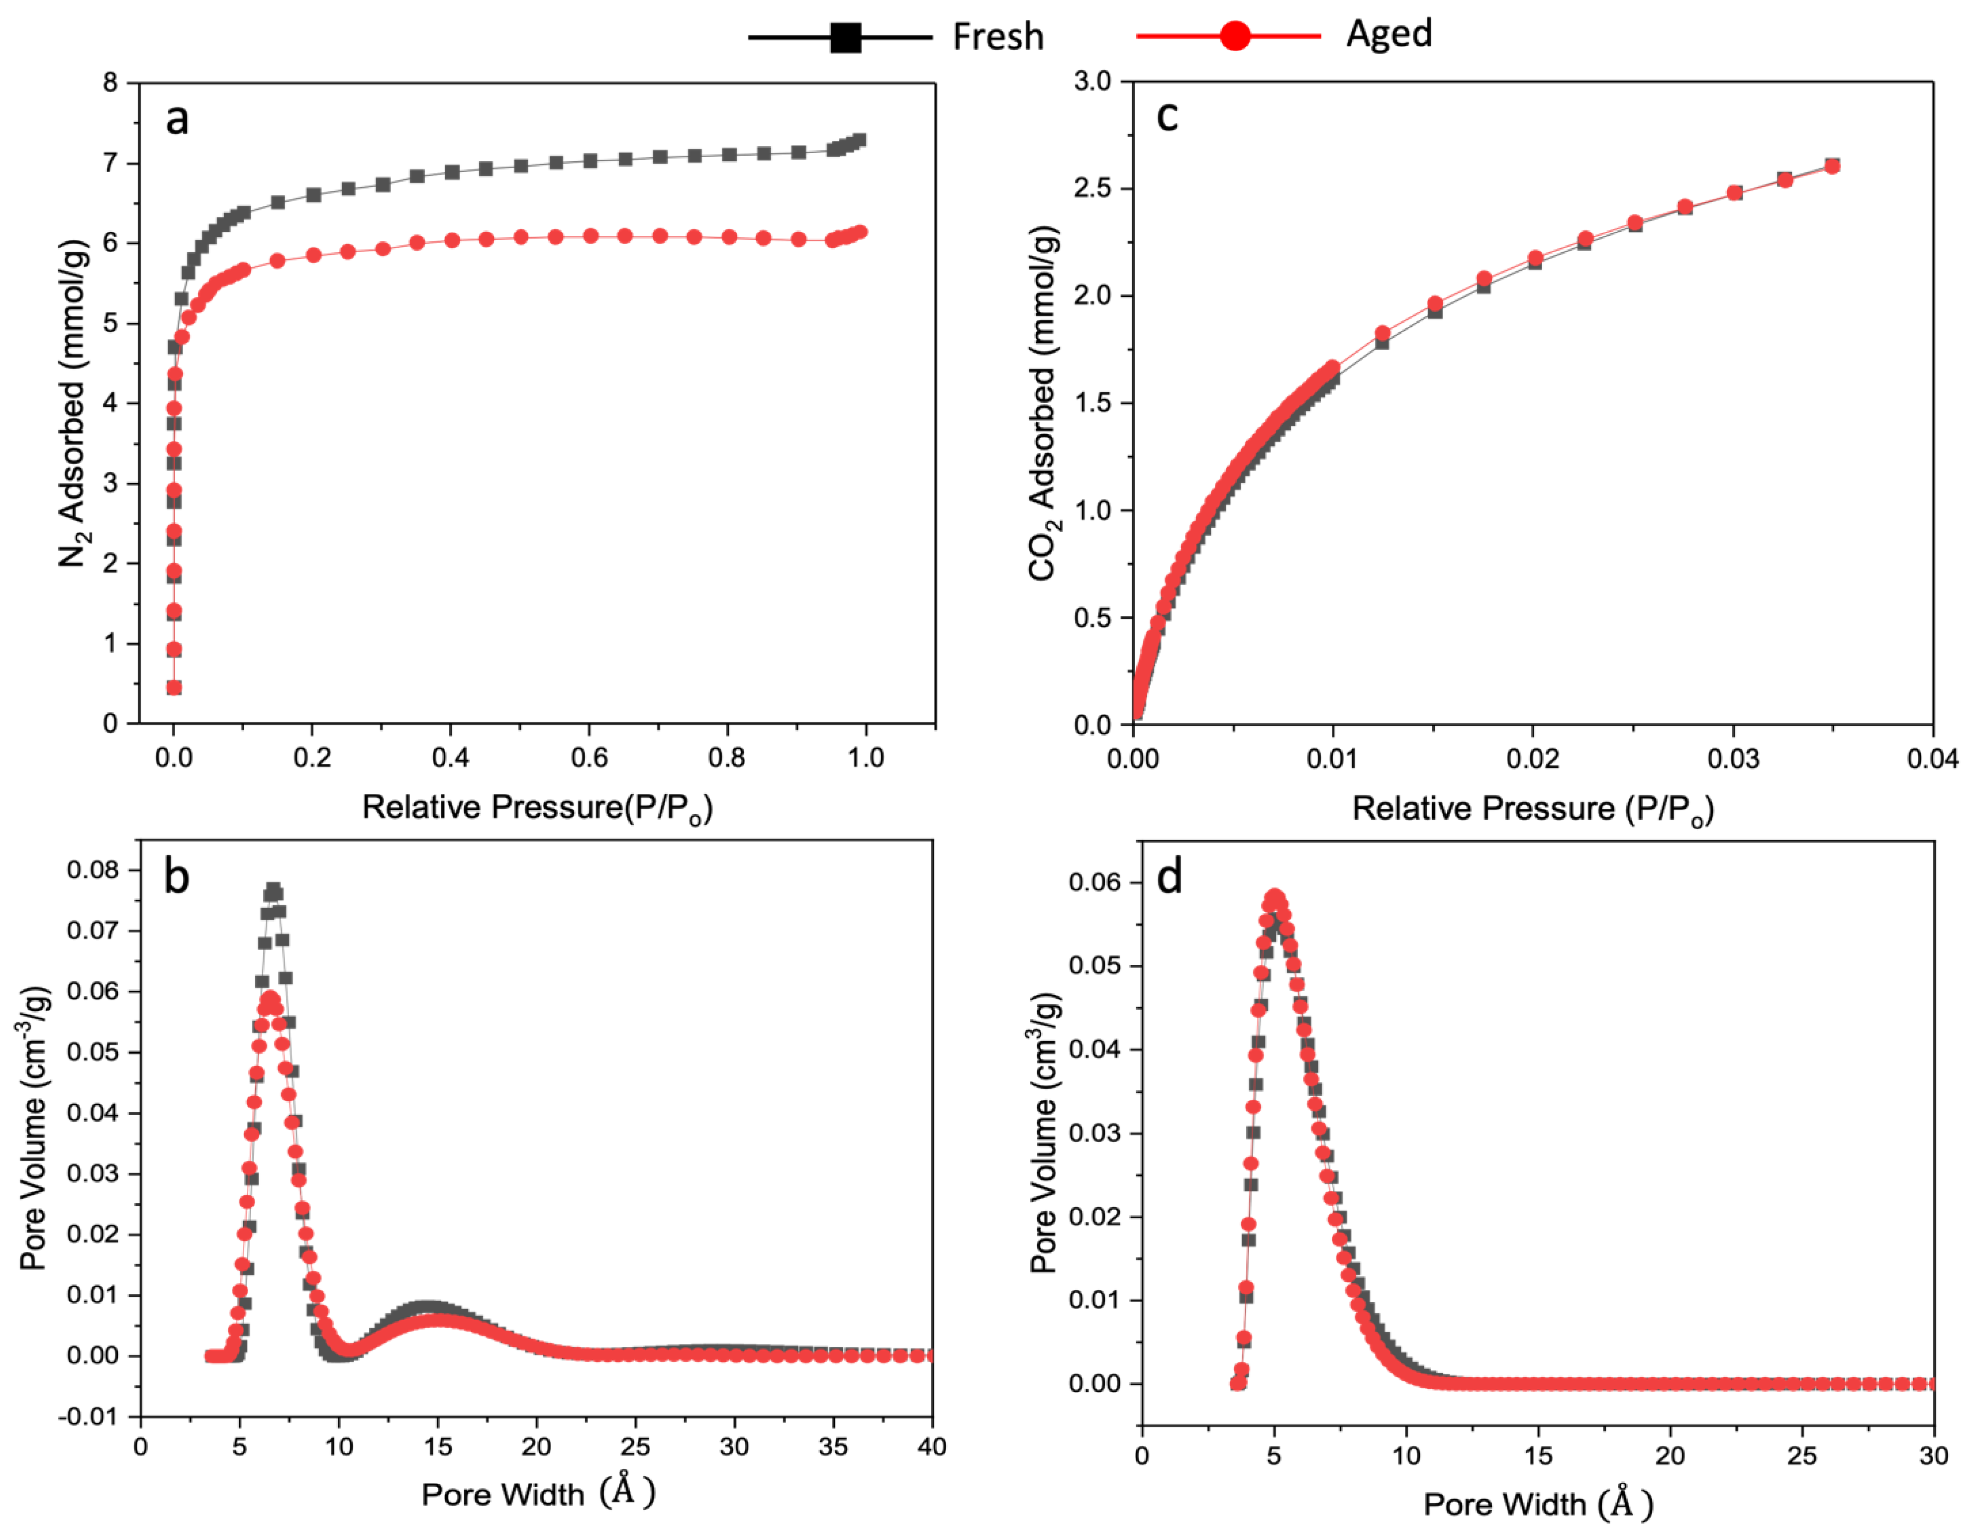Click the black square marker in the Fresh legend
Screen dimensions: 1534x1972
point(845,37)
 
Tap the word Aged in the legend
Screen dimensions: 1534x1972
point(1388,33)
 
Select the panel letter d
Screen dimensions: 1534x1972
point(1169,877)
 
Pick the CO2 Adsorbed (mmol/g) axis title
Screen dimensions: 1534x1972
point(1043,403)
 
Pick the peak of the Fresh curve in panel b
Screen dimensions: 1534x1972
point(273,889)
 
